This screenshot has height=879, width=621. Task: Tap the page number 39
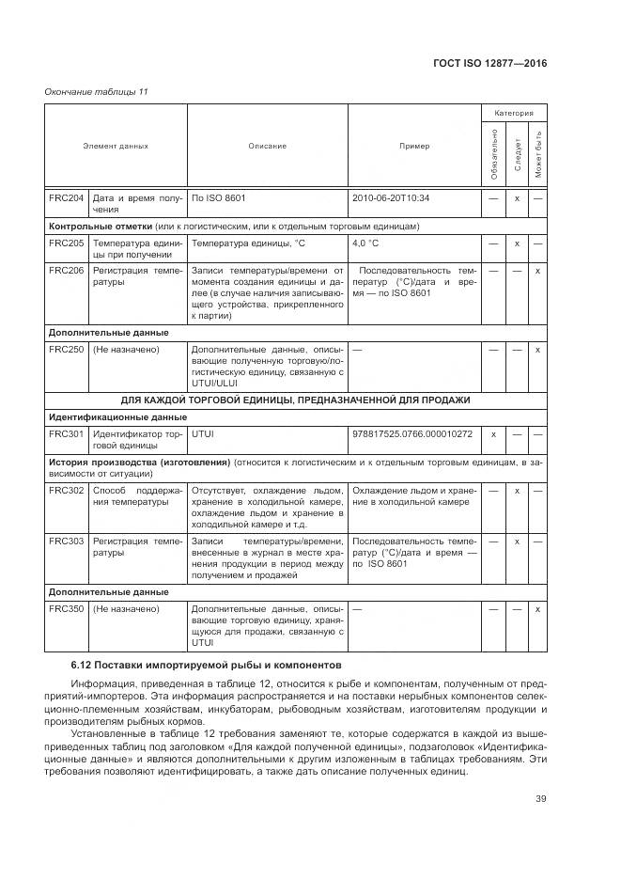pyautogui.click(x=540, y=799)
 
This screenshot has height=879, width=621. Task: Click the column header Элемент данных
pyautogui.click(x=116, y=146)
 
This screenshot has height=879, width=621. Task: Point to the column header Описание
pyautogui.click(x=267, y=146)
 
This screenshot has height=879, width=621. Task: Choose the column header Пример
pyautogui.click(x=413, y=146)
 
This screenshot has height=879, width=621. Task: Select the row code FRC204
pyautogui.click(x=66, y=198)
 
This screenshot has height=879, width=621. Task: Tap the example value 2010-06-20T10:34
pyautogui.click(x=391, y=198)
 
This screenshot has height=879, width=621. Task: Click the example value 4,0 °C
pyautogui.click(x=365, y=243)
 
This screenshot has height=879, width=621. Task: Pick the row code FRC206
pyautogui.click(x=66, y=270)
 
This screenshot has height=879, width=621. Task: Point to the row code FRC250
pyautogui.click(x=66, y=350)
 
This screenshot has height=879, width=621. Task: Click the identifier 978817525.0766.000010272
pyautogui.click(x=412, y=434)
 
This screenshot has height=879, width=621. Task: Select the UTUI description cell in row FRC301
pyautogui.click(x=202, y=434)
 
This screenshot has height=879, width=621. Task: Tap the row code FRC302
pyautogui.click(x=66, y=491)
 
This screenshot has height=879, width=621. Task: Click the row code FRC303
pyautogui.click(x=66, y=542)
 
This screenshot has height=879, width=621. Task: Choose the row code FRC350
pyautogui.click(x=66, y=609)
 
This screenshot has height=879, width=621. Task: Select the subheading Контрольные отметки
pyautogui.click(x=101, y=227)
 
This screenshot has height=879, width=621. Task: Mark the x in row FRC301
pyautogui.click(x=493, y=434)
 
